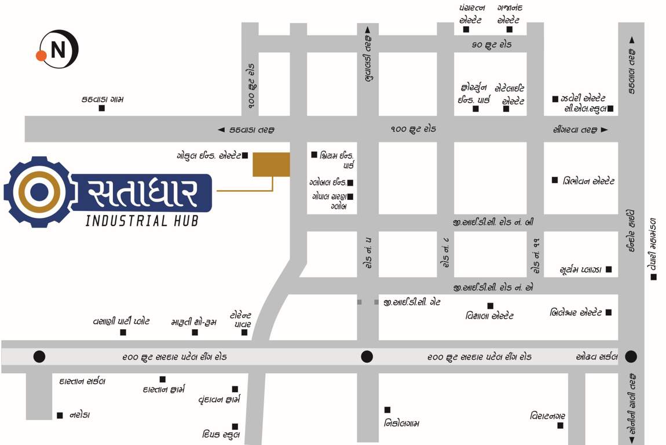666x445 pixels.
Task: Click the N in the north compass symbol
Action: click(58, 50)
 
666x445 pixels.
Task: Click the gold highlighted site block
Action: click(271, 164)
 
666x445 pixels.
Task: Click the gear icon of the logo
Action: click(38, 191)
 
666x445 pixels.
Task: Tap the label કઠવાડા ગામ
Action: click(103, 100)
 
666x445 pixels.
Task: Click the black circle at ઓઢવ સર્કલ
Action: click(631, 356)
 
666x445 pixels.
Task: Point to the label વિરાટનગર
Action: click(547, 416)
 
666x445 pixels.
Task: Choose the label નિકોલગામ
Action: click(401, 424)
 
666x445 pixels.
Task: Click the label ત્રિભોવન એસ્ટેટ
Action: click(588, 181)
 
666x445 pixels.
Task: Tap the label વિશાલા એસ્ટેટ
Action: click(489, 316)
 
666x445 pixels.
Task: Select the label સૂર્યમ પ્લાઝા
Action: click(581, 270)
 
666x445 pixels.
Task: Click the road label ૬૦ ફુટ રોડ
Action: click(492, 44)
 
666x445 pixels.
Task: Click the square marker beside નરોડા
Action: click(60, 415)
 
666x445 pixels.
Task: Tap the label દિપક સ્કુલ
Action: click(221, 435)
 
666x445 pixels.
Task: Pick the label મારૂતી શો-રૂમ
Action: click(194, 322)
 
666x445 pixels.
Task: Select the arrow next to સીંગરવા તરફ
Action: click(605, 130)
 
